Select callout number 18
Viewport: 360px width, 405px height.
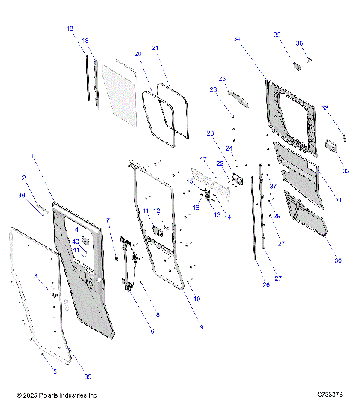coord(70,28)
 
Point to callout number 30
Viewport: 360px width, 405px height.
coord(337,260)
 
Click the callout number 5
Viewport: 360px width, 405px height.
coord(54,370)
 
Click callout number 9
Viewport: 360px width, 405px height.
coord(201,327)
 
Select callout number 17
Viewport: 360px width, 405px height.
coord(202,160)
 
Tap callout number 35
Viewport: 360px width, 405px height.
coord(277,34)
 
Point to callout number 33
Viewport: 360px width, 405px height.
coord(325,108)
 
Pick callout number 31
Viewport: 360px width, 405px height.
coord(338,200)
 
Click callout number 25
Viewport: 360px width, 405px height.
coord(222,78)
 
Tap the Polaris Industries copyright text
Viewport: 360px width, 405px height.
coord(58,394)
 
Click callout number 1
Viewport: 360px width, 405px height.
coord(33,155)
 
